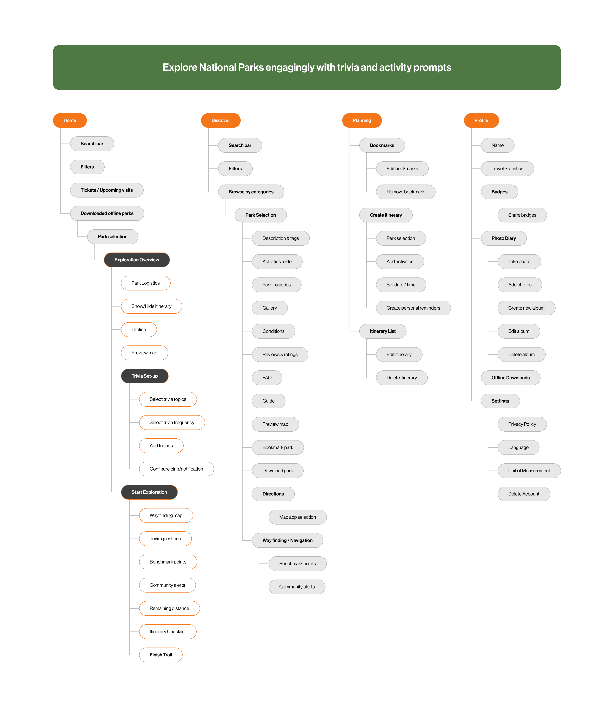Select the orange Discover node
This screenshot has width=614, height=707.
coord(221,120)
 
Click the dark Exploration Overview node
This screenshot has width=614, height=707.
coord(137,260)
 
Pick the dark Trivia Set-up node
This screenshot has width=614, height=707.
coord(145,376)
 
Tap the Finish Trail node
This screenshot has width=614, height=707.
coord(161,655)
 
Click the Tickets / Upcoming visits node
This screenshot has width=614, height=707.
coord(106,190)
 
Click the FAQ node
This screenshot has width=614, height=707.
coord(267,377)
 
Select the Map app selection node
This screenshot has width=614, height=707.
coord(297,517)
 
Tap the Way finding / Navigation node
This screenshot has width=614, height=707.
coord(288,540)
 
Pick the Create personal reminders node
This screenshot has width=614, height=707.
coord(413,308)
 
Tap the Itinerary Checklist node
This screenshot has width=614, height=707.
coord(168,631)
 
